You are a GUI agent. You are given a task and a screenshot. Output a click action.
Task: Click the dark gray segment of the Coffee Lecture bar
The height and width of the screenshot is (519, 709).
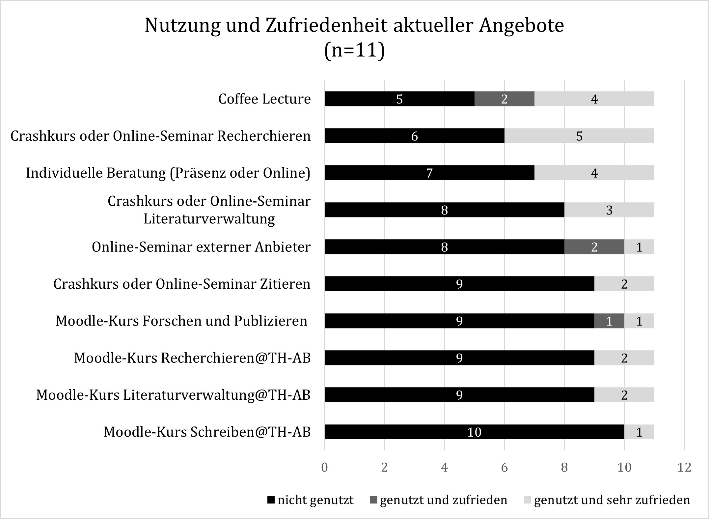[504, 99]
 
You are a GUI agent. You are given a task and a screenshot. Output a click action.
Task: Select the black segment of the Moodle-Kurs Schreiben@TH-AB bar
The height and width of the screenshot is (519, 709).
[474, 432]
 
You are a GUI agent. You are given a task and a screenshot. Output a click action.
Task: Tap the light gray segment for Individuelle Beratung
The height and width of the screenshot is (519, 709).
[594, 173]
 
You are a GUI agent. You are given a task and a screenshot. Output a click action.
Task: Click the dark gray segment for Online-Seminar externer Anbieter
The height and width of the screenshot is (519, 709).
[594, 247]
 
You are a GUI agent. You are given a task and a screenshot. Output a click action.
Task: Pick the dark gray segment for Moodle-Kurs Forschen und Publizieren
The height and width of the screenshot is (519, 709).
[609, 321]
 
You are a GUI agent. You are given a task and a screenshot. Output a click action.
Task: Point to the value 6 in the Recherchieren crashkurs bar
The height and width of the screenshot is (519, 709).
[414, 136]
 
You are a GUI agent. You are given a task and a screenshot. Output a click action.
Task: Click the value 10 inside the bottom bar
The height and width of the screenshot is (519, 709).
[474, 432]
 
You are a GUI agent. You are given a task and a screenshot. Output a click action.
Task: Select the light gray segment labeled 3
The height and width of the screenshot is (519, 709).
[609, 210]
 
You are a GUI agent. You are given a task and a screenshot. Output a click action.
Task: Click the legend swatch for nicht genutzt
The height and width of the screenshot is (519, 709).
[271, 500]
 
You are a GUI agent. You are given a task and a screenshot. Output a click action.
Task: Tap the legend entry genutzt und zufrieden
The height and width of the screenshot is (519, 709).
[443, 500]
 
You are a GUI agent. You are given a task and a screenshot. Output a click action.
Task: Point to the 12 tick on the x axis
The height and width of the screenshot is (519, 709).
[684, 468]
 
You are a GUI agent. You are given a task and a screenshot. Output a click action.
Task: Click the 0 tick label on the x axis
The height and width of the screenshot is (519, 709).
[324, 468]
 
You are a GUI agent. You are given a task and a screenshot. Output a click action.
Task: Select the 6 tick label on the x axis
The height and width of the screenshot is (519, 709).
[504, 468]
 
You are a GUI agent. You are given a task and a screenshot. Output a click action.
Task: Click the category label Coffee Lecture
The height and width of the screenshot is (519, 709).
[264, 99]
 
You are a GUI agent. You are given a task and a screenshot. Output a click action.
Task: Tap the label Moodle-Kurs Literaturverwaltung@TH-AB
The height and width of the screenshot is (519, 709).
[173, 395]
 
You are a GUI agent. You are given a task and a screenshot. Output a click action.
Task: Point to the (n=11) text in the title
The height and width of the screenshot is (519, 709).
[354, 51]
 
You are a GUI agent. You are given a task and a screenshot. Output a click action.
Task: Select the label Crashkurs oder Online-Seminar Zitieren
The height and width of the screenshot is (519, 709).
[182, 284]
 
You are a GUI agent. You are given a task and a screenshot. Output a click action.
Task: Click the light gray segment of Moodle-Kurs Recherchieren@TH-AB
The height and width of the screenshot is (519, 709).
[624, 358]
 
